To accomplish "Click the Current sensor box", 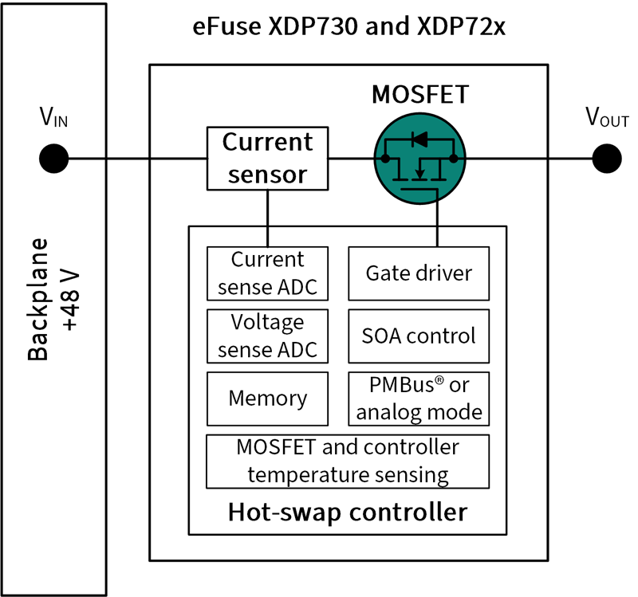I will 267,158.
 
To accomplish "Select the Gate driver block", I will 419,273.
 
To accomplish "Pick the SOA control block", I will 419,336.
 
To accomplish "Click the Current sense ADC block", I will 267,273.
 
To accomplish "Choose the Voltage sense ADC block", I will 267,336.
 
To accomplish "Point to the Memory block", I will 267,398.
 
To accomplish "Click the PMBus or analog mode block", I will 419,398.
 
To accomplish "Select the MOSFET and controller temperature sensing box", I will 347,461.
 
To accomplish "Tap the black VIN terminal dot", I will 53,158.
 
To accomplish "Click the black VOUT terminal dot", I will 607,158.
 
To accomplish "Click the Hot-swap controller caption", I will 347,511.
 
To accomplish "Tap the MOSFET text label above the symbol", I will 420,96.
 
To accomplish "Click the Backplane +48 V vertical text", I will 52,300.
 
